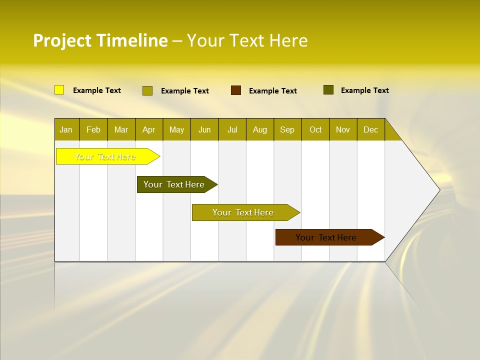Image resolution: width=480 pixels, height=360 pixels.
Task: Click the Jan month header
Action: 66,129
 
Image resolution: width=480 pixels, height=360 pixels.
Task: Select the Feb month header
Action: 93,129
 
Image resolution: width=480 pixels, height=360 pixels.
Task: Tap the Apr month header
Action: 149,129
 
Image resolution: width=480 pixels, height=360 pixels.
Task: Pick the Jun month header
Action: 204,129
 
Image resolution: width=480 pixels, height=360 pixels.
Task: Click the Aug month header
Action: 260,129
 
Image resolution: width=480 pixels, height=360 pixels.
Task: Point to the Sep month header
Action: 287,129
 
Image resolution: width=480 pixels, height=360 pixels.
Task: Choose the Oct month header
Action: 315,129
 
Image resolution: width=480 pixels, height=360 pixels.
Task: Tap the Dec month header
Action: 371,129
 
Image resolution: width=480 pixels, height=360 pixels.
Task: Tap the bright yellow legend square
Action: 59,90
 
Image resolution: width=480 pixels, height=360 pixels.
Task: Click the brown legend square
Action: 236,90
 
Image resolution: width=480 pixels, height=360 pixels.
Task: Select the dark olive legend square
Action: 328,90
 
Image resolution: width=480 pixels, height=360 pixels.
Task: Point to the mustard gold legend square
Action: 147,90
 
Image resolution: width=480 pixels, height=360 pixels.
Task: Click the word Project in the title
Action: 62,40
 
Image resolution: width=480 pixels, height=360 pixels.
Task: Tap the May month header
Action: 176,129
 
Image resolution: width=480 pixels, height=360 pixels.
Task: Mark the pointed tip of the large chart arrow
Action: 439,189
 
